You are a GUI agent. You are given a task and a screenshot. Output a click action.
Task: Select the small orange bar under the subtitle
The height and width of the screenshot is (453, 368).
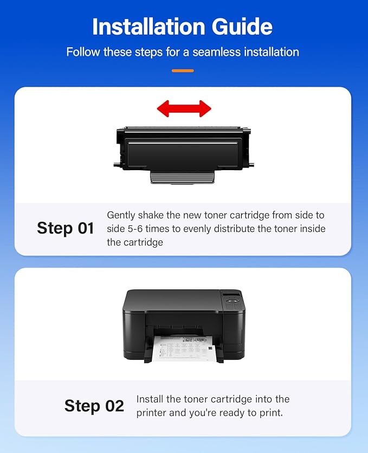pyautogui.click(x=183, y=70)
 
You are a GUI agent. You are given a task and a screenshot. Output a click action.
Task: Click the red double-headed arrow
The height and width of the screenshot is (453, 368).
pyautogui.click(x=184, y=108)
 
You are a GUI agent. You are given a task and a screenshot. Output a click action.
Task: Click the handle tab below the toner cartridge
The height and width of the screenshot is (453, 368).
pyautogui.click(x=183, y=177)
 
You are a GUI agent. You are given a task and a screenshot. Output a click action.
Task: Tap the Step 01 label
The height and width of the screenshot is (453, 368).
pyautogui.click(x=66, y=228)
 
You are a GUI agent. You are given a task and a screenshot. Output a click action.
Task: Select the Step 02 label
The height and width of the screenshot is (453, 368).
pyautogui.click(x=94, y=406)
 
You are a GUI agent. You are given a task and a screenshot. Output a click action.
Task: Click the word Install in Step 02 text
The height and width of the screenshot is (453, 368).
pyautogui.click(x=150, y=399)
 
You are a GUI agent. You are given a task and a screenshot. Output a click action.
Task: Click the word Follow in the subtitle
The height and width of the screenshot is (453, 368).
pyautogui.click(x=81, y=52)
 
